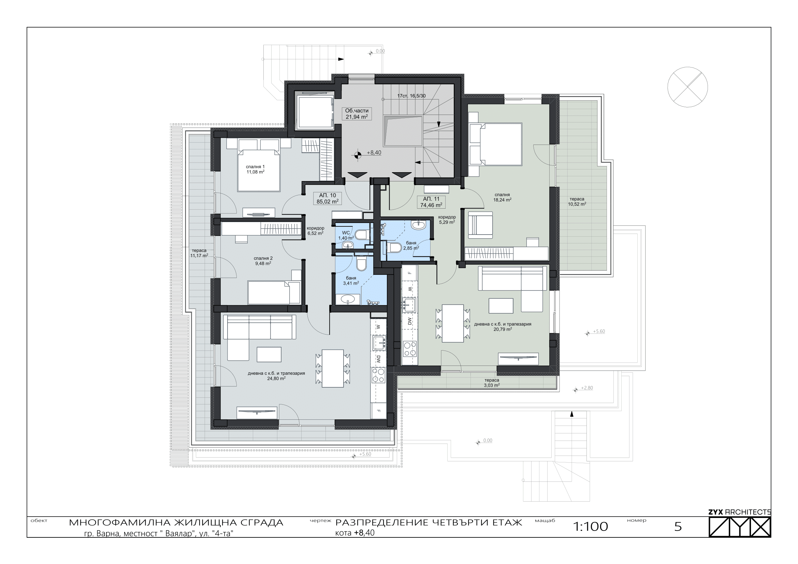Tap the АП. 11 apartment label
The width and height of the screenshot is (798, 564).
point(431,202)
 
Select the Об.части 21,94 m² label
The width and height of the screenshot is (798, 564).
point(357,114)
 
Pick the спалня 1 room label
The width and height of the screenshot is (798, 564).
point(255,169)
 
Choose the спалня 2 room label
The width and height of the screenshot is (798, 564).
point(263,261)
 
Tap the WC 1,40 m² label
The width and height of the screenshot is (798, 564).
point(346,235)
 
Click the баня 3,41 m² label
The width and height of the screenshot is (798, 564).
point(351,281)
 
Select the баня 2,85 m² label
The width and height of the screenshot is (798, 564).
point(411,246)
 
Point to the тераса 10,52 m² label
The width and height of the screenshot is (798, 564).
point(577,202)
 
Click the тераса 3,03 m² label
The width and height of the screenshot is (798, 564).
point(491,383)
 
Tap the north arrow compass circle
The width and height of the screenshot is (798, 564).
point(687,87)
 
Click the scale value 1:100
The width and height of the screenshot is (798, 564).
point(591,526)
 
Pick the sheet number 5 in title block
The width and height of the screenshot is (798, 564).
point(678,527)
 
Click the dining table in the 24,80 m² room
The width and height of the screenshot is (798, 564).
point(333,369)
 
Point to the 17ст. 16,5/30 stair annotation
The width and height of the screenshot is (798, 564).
point(411,96)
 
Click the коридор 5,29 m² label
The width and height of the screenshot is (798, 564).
point(447,220)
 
